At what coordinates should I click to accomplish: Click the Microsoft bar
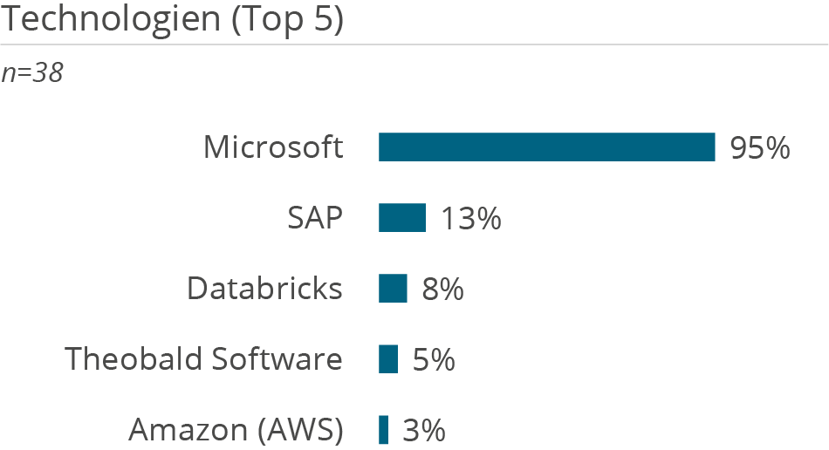pyautogui.click(x=546, y=147)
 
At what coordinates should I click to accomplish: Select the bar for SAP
pyautogui.click(x=401, y=218)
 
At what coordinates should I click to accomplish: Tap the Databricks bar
pyautogui.click(x=393, y=289)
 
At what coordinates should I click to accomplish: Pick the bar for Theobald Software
pyautogui.click(x=388, y=358)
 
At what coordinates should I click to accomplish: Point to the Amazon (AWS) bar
pyautogui.click(x=383, y=430)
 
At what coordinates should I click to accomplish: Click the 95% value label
pyautogui.click(x=760, y=148)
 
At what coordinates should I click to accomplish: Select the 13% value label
pyautogui.click(x=470, y=219)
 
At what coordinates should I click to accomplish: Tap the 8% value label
pyautogui.click(x=442, y=290)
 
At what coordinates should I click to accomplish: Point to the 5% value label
pyautogui.click(x=434, y=359)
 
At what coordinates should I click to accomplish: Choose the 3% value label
pyautogui.click(x=424, y=430)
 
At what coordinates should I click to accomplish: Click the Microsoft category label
pyautogui.click(x=273, y=147)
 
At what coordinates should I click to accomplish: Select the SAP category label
pyautogui.click(x=315, y=218)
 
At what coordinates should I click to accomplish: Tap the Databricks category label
pyautogui.click(x=264, y=289)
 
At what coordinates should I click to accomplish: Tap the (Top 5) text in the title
pyautogui.click(x=287, y=18)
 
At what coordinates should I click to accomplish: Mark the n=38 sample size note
pyautogui.click(x=32, y=73)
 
